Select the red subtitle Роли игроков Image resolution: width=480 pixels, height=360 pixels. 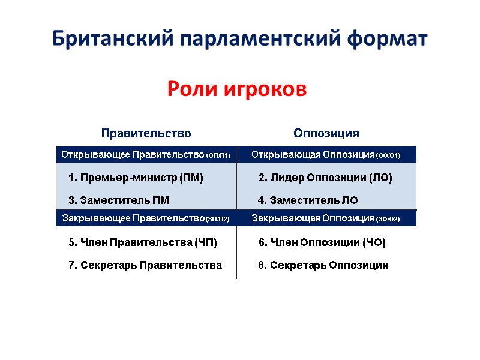236,89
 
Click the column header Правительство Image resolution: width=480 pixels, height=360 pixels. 146,133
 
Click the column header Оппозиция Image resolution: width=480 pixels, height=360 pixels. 326,133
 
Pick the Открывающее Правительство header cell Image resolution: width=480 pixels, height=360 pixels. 146,155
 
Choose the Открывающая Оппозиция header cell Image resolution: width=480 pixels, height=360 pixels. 326,155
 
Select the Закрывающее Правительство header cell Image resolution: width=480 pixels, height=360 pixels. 146,218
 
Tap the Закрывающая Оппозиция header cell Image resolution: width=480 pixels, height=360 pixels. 326,218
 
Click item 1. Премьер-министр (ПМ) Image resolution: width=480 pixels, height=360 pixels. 136,178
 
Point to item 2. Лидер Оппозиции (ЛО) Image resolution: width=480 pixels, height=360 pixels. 325,178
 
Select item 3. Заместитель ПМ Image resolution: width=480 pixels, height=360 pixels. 119,200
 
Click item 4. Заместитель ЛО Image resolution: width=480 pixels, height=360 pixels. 308,200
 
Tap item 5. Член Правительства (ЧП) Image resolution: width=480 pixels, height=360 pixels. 143,242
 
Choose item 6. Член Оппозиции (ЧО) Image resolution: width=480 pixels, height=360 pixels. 322,242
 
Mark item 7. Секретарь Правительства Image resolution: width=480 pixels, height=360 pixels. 145,265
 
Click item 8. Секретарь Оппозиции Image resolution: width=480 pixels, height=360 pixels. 323,265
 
